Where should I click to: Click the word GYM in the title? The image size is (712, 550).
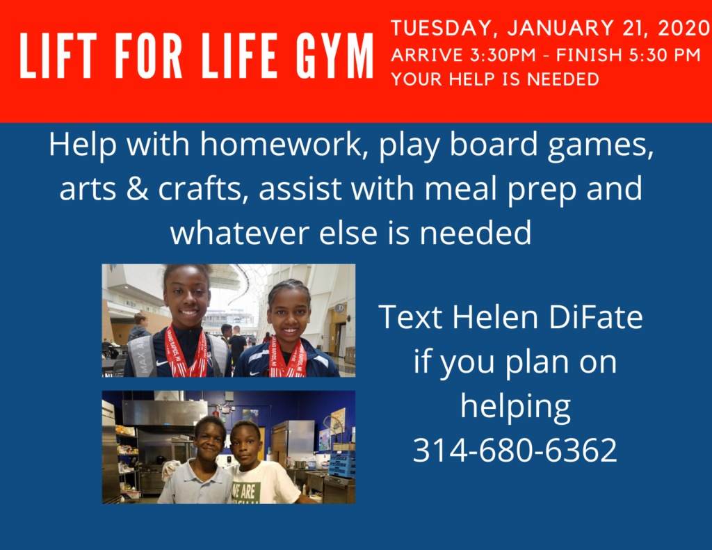point(334,56)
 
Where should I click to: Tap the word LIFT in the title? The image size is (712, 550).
point(58,56)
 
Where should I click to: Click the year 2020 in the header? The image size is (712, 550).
point(683,28)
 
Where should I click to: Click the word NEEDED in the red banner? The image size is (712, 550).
point(563,79)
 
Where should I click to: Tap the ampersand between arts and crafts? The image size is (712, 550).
point(138,188)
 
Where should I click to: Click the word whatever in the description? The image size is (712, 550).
point(240,232)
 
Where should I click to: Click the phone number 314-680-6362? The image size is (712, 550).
point(515,450)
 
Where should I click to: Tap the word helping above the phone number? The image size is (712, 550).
point(515,407)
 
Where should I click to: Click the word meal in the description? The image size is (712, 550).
point(460,188)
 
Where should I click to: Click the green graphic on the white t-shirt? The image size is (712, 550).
point(245,493)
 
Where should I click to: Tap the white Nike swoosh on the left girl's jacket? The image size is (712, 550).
point(161,364)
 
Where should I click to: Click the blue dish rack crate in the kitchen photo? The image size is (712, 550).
point(342,463)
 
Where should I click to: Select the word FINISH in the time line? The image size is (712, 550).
point(589,55)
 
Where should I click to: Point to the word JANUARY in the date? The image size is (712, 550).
point(560,28)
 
